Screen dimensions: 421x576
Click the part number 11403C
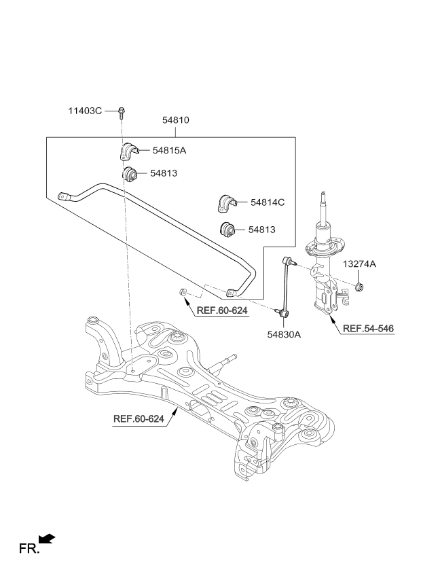(85, 111)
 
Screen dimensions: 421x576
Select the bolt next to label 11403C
(122, 113)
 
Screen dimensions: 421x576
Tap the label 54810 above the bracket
(176, 120)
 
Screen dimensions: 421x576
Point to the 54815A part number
(169, 150)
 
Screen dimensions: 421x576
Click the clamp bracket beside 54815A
(128, 151)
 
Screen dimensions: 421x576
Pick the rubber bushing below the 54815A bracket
(129, 174)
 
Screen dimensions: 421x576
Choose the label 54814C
(268, 202)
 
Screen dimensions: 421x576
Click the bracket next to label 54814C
(227, 203)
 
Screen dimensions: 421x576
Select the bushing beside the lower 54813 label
(227, 230)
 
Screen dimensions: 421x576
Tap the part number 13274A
(360, 264)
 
